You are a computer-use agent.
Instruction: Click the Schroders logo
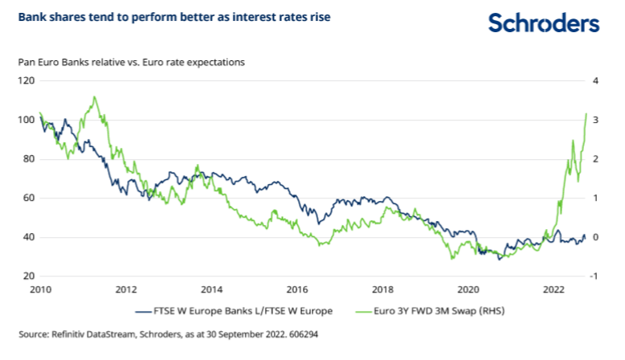point(544,24)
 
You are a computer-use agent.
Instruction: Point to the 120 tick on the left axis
point(27,80)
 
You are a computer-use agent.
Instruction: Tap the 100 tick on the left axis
point(27,120)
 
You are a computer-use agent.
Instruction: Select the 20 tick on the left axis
point(29,276)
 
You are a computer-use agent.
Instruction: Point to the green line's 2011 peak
point(94,97)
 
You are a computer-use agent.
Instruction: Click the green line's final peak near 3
point(586,114)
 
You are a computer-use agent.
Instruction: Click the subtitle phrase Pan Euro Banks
point(51,61)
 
